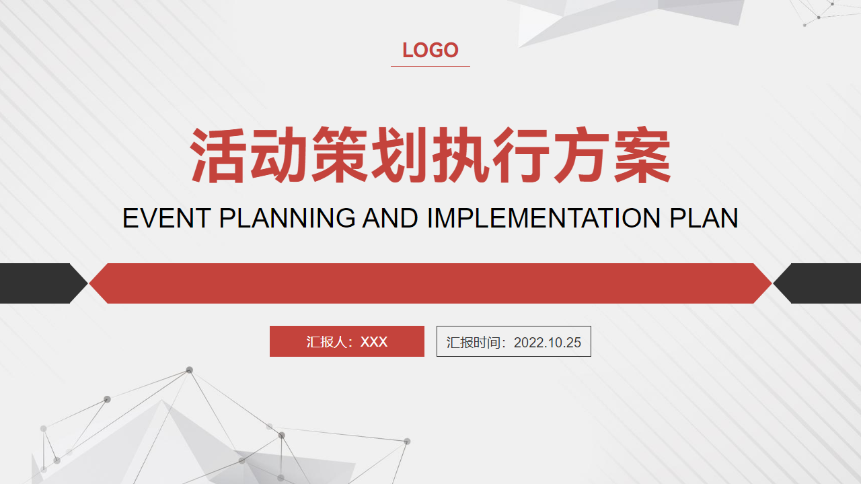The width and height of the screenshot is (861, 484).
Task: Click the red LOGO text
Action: [430, 50]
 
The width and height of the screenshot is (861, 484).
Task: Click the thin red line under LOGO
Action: [430, 66]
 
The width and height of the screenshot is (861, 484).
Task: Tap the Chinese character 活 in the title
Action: [218, 155]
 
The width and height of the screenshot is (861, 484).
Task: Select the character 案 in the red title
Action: [642, 155]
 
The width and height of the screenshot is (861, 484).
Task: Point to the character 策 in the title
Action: [340, 155]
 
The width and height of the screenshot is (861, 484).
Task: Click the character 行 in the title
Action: [521, 155]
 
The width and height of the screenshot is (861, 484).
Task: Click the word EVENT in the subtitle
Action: [167, 218]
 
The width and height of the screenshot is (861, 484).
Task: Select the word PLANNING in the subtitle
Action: [287, 218]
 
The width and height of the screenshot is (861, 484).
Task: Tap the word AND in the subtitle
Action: [390, 218]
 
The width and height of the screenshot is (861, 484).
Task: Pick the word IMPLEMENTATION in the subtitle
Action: [544, 218]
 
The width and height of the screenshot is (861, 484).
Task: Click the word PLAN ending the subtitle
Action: [704, 218]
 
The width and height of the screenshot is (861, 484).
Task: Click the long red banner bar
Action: [430, 283]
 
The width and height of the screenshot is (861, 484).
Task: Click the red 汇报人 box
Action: [346, 341]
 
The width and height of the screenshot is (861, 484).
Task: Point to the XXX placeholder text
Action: [374, 342]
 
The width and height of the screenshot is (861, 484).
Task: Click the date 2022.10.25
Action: [548, 343]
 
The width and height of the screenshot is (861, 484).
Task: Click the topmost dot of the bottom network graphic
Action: [189, 370]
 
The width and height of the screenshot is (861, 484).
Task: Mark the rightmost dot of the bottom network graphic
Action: [407, 442]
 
